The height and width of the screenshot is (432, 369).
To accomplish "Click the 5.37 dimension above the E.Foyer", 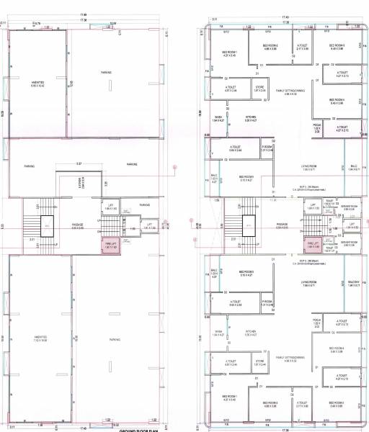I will (79, 164).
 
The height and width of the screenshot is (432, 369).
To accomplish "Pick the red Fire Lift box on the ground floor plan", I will (111, 244).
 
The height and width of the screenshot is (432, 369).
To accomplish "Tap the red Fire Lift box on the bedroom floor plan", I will (311, 244).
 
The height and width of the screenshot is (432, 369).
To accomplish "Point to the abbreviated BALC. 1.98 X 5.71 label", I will (353, 167).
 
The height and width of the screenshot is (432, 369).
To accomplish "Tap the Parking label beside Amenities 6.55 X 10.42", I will (106, 72).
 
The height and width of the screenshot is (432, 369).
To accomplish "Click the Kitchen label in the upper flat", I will (252, 118).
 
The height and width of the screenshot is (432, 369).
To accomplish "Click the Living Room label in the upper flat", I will (310, 168).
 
